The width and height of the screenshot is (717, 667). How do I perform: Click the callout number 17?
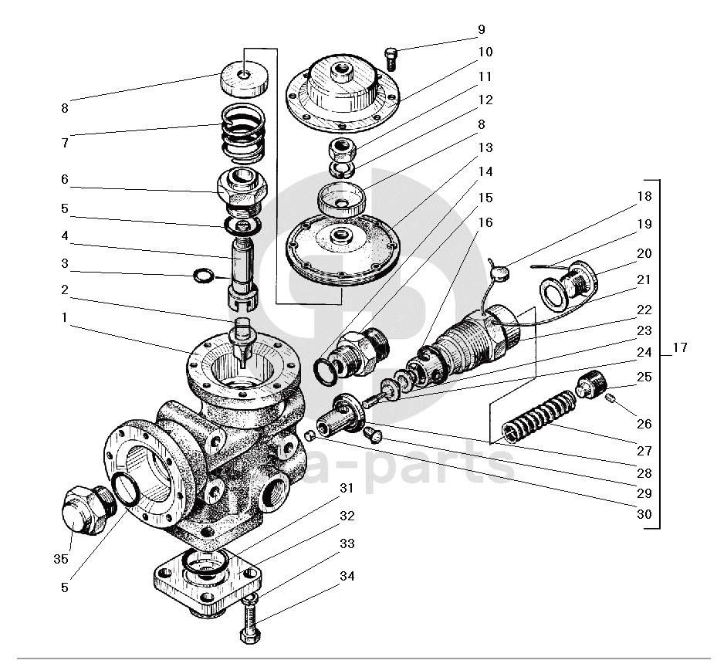[x=679, y=348]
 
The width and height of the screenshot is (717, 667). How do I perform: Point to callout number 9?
[x=482, y=30]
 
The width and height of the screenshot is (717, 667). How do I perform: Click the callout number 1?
[x=65, y=318]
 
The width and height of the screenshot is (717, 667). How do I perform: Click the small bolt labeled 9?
[x=391, y=56]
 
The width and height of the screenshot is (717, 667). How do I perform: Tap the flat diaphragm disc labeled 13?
[x=340, y=246]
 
